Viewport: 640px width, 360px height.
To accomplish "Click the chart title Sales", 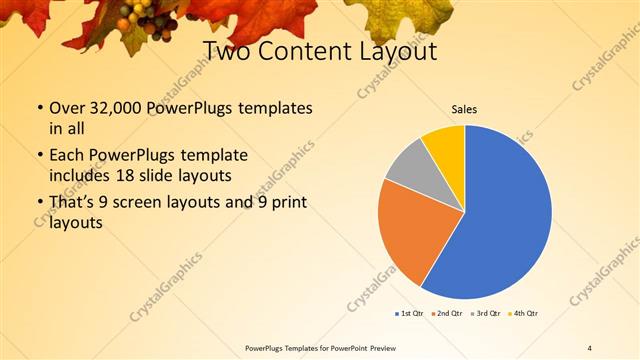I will pos(465,109).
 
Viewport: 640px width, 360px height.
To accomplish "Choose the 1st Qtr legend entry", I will pos(410,314).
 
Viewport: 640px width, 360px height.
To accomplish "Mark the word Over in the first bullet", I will pos(67,107).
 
